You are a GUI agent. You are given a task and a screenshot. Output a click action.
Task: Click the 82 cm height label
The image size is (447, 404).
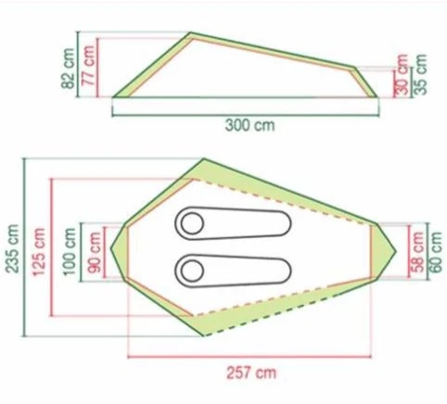(x=68, y=69)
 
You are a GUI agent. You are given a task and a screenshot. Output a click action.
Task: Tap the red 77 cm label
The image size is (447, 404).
(x=88, y=65)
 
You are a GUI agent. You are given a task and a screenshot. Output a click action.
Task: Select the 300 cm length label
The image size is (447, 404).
(x=249, y=125)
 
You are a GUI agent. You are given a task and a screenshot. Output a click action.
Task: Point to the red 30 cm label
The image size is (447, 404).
(x=402, y=74)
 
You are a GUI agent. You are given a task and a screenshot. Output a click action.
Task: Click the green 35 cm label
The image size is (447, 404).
(x=420, y=74)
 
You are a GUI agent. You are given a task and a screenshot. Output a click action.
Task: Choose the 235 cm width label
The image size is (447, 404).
(x=13, y=248)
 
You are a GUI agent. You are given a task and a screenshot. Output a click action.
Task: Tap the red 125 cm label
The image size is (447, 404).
(x=39, y=251)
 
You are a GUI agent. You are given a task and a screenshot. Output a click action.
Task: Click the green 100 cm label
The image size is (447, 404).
(x=69, y=251)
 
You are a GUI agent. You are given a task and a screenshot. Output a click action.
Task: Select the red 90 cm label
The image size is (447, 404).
(x=94, y=252)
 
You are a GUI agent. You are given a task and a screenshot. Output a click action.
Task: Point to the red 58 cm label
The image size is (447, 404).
(x=418, y=251)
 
